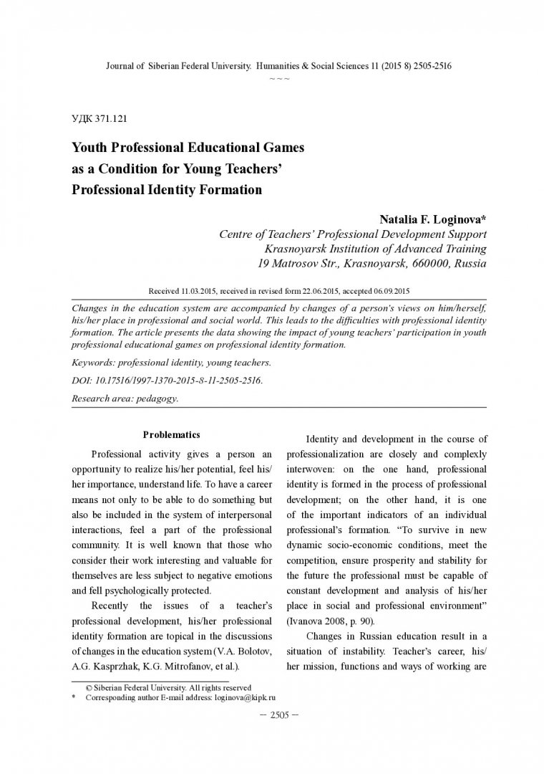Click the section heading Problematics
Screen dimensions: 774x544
(171, 435)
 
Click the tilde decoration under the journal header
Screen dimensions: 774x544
(279, 77)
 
